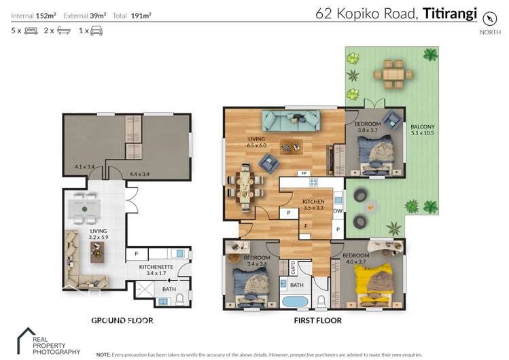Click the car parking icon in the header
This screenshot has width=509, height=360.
point(96,31)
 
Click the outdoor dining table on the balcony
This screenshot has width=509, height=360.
point(395,73)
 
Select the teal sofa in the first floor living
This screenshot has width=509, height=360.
point(292,120)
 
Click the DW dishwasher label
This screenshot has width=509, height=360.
point(338,211)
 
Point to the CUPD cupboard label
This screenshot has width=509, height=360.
point(294,266)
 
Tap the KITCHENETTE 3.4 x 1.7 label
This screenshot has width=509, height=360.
point(156,270)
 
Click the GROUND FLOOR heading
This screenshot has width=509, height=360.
point(122,320)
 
